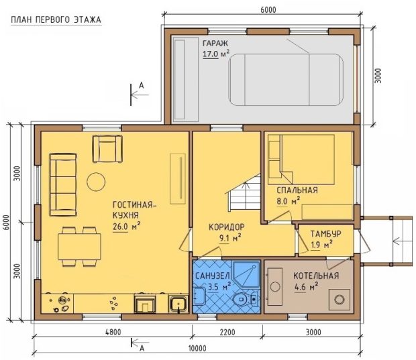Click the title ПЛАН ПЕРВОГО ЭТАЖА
(x=56, y=20)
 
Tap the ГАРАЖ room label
(x=215, y=43)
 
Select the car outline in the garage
(x=286, y=80)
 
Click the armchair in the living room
(x=107, y=148)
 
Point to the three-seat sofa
(x=63, y=184)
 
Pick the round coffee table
(x=96, y=182)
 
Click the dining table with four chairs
(x=79, y=247)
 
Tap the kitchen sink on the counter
(x=178, y=304)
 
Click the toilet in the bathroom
(x=245, y=300)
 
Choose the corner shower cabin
(x=246, y=275)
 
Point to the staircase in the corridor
(x=244, y=192)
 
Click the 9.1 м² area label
(x=229, y=238)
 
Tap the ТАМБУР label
(x=326, y=234)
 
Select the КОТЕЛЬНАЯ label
(x=316, y=276)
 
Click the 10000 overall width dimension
(x=197, y=348)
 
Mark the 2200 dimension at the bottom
(x=227, y=332)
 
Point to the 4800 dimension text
(x=113, y=332)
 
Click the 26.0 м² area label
(x=126, y=227)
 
